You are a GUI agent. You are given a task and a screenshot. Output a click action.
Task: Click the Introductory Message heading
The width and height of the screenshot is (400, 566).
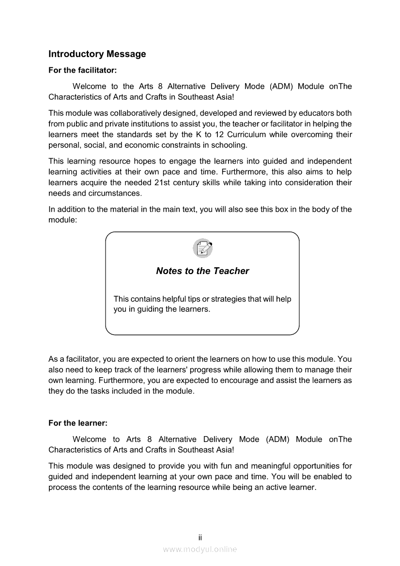click(97, 54)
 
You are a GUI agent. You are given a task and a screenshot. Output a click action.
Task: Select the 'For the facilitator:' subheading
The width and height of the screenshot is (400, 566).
click(82, 70)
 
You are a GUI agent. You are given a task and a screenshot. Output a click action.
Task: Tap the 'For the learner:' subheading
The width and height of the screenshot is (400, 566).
click(77, 423)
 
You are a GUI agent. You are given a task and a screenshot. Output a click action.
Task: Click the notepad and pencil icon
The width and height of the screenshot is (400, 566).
click(202, 248)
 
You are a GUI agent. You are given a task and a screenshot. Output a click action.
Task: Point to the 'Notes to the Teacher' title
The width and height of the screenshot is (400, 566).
click(202, 271)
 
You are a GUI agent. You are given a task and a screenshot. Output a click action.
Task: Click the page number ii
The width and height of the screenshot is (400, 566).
click(200, 538)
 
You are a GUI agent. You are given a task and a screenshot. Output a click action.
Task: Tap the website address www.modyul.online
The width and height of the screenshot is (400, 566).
click(200, 549)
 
